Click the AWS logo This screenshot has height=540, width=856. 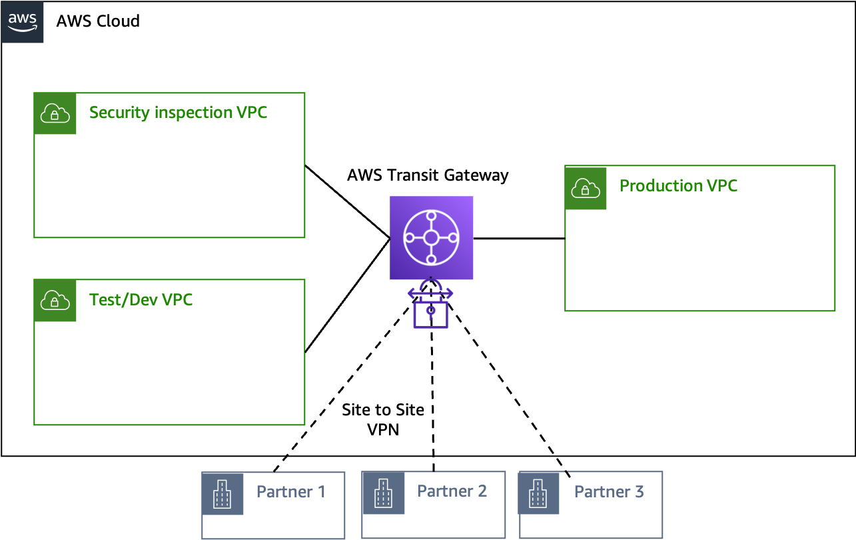(23, 22)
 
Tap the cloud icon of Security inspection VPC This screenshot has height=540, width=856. (55, 114)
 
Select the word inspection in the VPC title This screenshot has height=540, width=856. (193, 113)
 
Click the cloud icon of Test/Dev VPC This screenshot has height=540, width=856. (55, 301)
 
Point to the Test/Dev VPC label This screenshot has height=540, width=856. (141, 300)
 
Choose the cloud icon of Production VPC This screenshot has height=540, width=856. (586, 189)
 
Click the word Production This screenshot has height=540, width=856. (660, 186)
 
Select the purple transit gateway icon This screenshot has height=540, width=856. (431, 237)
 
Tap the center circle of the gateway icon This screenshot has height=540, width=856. (431, 237)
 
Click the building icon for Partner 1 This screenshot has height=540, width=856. (222, 494)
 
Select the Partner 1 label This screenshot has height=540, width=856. (291, 492)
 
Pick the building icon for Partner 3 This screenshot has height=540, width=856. (539, 494)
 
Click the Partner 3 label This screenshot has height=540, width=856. (609, 492)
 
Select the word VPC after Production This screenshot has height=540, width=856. (721, 186)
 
